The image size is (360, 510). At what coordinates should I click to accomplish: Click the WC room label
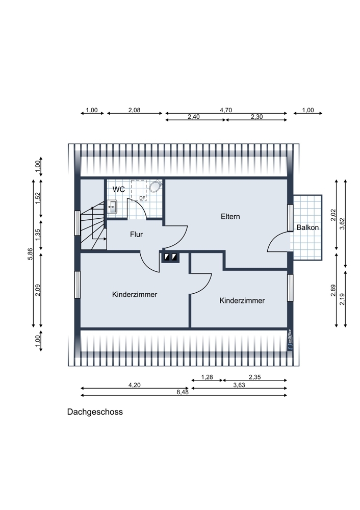[118, 189]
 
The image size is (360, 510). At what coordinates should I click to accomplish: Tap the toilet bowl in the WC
[156, 186]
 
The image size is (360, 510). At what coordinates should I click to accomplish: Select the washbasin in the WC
[113, 207]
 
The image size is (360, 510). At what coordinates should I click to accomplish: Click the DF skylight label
[142, 198]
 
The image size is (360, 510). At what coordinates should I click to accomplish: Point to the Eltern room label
[230, 216]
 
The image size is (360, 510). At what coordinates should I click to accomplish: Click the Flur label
[136, 235]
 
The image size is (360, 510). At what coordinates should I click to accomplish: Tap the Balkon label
[307, 227]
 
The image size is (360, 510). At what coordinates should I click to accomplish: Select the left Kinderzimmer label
[134, 294]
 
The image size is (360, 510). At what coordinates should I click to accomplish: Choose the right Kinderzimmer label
[242, 300]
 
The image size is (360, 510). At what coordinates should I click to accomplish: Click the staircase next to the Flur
[93, 227]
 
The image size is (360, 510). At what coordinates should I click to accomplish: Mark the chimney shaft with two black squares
[170, 258]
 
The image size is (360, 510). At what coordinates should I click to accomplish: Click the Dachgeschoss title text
[95, 412]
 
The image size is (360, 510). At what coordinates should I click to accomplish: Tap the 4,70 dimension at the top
[226, 110]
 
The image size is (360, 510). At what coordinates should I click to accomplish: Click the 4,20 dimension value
[134, 385]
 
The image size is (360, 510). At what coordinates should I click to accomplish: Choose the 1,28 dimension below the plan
[207, 377]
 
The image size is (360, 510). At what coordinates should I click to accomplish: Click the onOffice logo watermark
[290, 339]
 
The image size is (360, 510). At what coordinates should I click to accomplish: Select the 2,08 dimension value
[135, 110]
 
